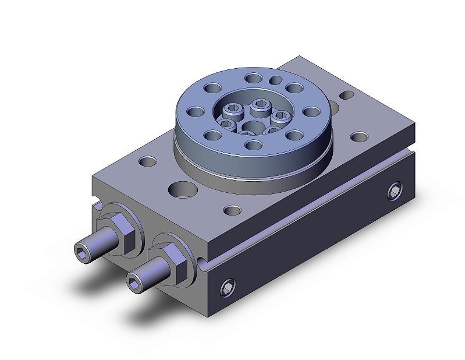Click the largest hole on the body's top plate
182,189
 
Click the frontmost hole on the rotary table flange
253,144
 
